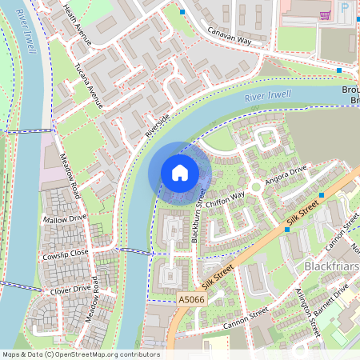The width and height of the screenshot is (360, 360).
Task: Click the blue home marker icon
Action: (x=180, y=173)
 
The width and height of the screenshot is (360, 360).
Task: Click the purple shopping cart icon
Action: (x=324, y=14)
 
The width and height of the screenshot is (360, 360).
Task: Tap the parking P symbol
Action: (x=345, y=8)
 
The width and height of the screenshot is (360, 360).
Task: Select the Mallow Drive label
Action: (x=65, y=218)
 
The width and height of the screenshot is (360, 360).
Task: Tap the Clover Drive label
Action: (x=71, y=289)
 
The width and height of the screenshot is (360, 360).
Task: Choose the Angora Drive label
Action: (x=286, y=174)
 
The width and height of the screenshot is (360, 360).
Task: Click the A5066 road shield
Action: (x=190, y=298)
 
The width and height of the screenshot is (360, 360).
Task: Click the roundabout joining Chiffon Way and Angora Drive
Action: (x=255, y=186)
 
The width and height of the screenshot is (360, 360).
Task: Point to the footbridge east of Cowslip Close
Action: (x=134, y=251)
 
